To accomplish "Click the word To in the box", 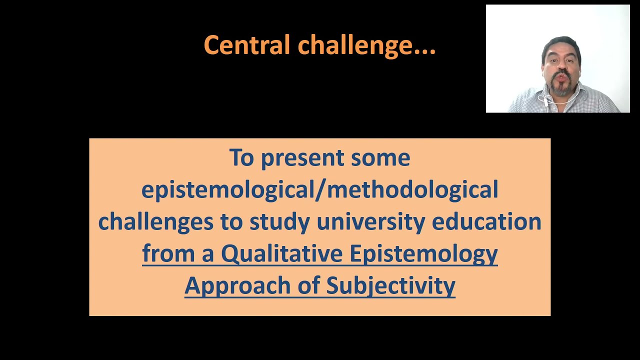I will (x=241, y=158).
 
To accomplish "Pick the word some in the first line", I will (x=380, y=158).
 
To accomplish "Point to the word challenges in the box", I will (x=156, y=222).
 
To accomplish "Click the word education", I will (x=486, y=222).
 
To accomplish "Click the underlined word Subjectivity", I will (x=390, y=286).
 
